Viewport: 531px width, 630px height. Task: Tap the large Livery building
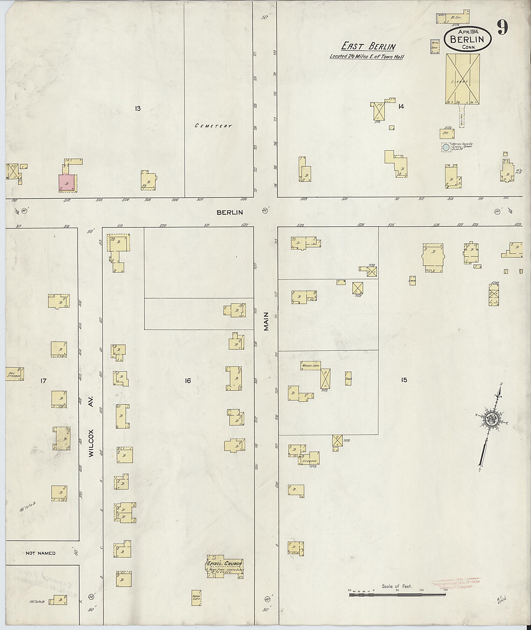[x=462, y=79]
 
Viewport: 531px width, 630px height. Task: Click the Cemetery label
[x=213, y=126]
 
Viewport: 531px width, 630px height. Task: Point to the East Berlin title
[x=368, y=46]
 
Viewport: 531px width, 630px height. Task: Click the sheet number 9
[x=502, y=28]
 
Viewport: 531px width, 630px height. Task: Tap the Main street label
[x=266, y=326]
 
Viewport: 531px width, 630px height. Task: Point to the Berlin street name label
[x=230, y=212]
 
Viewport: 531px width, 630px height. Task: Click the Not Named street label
[x=40, y=553]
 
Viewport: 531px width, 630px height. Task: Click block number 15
[x=404, y=380]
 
